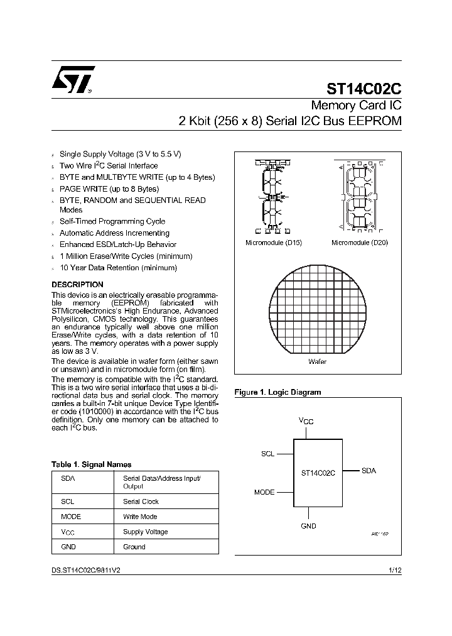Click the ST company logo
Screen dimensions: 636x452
coord(73,80)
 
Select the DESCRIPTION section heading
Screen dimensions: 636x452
coord(77,285)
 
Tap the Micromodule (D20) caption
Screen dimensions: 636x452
coord(359,243)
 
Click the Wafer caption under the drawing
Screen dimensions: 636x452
coord(317,362)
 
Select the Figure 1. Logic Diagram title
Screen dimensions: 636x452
coord(277,392)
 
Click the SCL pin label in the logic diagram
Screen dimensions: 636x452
coord(267,453)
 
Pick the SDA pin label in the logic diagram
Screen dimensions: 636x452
coord(369,471)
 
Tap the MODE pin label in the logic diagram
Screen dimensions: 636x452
coord(264,492)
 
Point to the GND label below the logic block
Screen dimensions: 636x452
coord(308,526)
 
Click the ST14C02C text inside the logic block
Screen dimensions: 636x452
coord(318,473)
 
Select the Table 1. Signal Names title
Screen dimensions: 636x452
coord(91,464)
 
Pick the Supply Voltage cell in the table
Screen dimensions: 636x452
coord(145,532)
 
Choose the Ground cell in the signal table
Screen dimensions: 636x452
coord(134,547)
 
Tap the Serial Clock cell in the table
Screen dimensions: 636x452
coord(141,502)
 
